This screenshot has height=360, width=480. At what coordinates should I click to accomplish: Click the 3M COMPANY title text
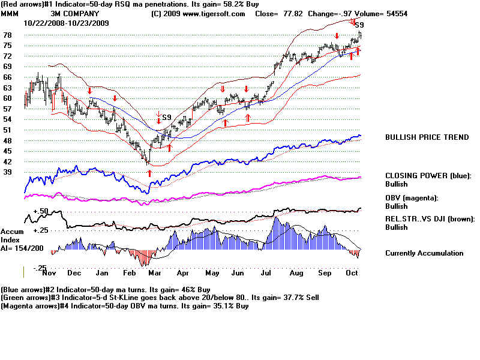click(x=76, y=13)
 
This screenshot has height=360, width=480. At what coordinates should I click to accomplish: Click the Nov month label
click(x=49, y=272)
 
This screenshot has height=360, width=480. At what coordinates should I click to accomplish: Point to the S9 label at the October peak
click(x=359, y=25)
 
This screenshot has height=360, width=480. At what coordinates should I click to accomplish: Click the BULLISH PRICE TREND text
click(x=427, y=137)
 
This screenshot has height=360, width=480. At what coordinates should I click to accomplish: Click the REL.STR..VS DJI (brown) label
click(x=430, y=219)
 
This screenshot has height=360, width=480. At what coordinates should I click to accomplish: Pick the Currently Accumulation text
click(x=424, y=253)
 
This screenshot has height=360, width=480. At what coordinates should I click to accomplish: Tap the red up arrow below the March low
click(x=149, y=173)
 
